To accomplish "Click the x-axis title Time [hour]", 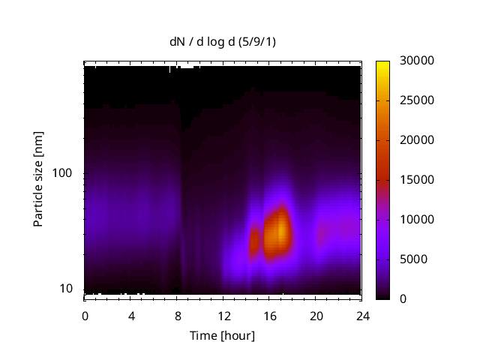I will coord(221,335).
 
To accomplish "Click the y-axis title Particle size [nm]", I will coord(38,178).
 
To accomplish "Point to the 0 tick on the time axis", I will coord(85,316).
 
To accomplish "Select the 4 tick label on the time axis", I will coord(131,316).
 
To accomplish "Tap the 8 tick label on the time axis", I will coord(177,316).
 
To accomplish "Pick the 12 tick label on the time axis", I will coord(223,316).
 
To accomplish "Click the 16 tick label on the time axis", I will coord(269,316).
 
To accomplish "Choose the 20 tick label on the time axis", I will coord(316,316).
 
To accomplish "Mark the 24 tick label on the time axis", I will coord(361,316).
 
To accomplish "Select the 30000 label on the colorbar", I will coord(413,61).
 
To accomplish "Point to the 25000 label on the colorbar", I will coord(413,100).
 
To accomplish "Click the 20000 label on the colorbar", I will coord(413,140).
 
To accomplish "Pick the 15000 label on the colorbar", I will coord(413,180).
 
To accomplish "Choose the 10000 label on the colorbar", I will coord(413,220).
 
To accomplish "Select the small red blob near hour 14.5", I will coord(254,241).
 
